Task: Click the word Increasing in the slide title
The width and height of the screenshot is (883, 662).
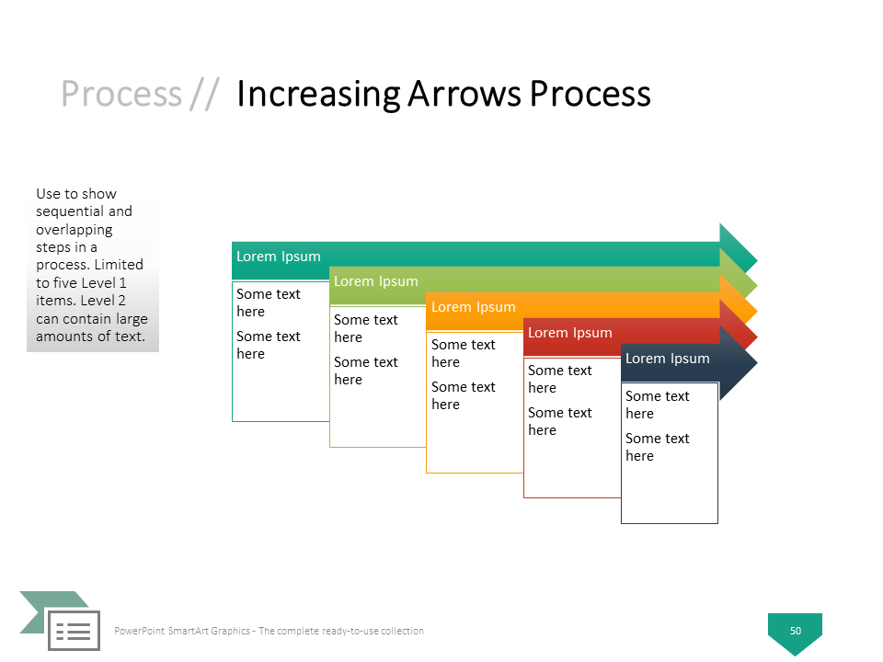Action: [318, 94]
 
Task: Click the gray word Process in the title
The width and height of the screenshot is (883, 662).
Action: [121, 94]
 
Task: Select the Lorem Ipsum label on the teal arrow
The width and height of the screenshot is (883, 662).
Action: [278, 257]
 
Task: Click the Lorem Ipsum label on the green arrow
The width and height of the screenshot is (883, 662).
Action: [375, 281]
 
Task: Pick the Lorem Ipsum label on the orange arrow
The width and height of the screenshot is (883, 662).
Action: [473, 307]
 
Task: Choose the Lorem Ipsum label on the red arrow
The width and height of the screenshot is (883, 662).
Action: [570, 333]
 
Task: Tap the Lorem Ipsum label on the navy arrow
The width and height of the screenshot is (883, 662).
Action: [668, 360]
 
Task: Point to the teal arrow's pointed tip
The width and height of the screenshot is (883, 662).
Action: [757, 260]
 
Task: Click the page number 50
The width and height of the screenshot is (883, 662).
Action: [795, 631]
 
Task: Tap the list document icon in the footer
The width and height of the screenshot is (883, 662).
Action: [74, 631]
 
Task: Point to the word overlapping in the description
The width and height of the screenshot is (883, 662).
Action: [75, 230]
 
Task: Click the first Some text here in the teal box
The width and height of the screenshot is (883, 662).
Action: [269, 302]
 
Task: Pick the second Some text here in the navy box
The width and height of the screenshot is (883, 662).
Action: [657, 447]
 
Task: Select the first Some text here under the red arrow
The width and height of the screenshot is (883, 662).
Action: [560, 379]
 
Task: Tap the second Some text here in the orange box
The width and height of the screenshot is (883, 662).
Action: [463, 395]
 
